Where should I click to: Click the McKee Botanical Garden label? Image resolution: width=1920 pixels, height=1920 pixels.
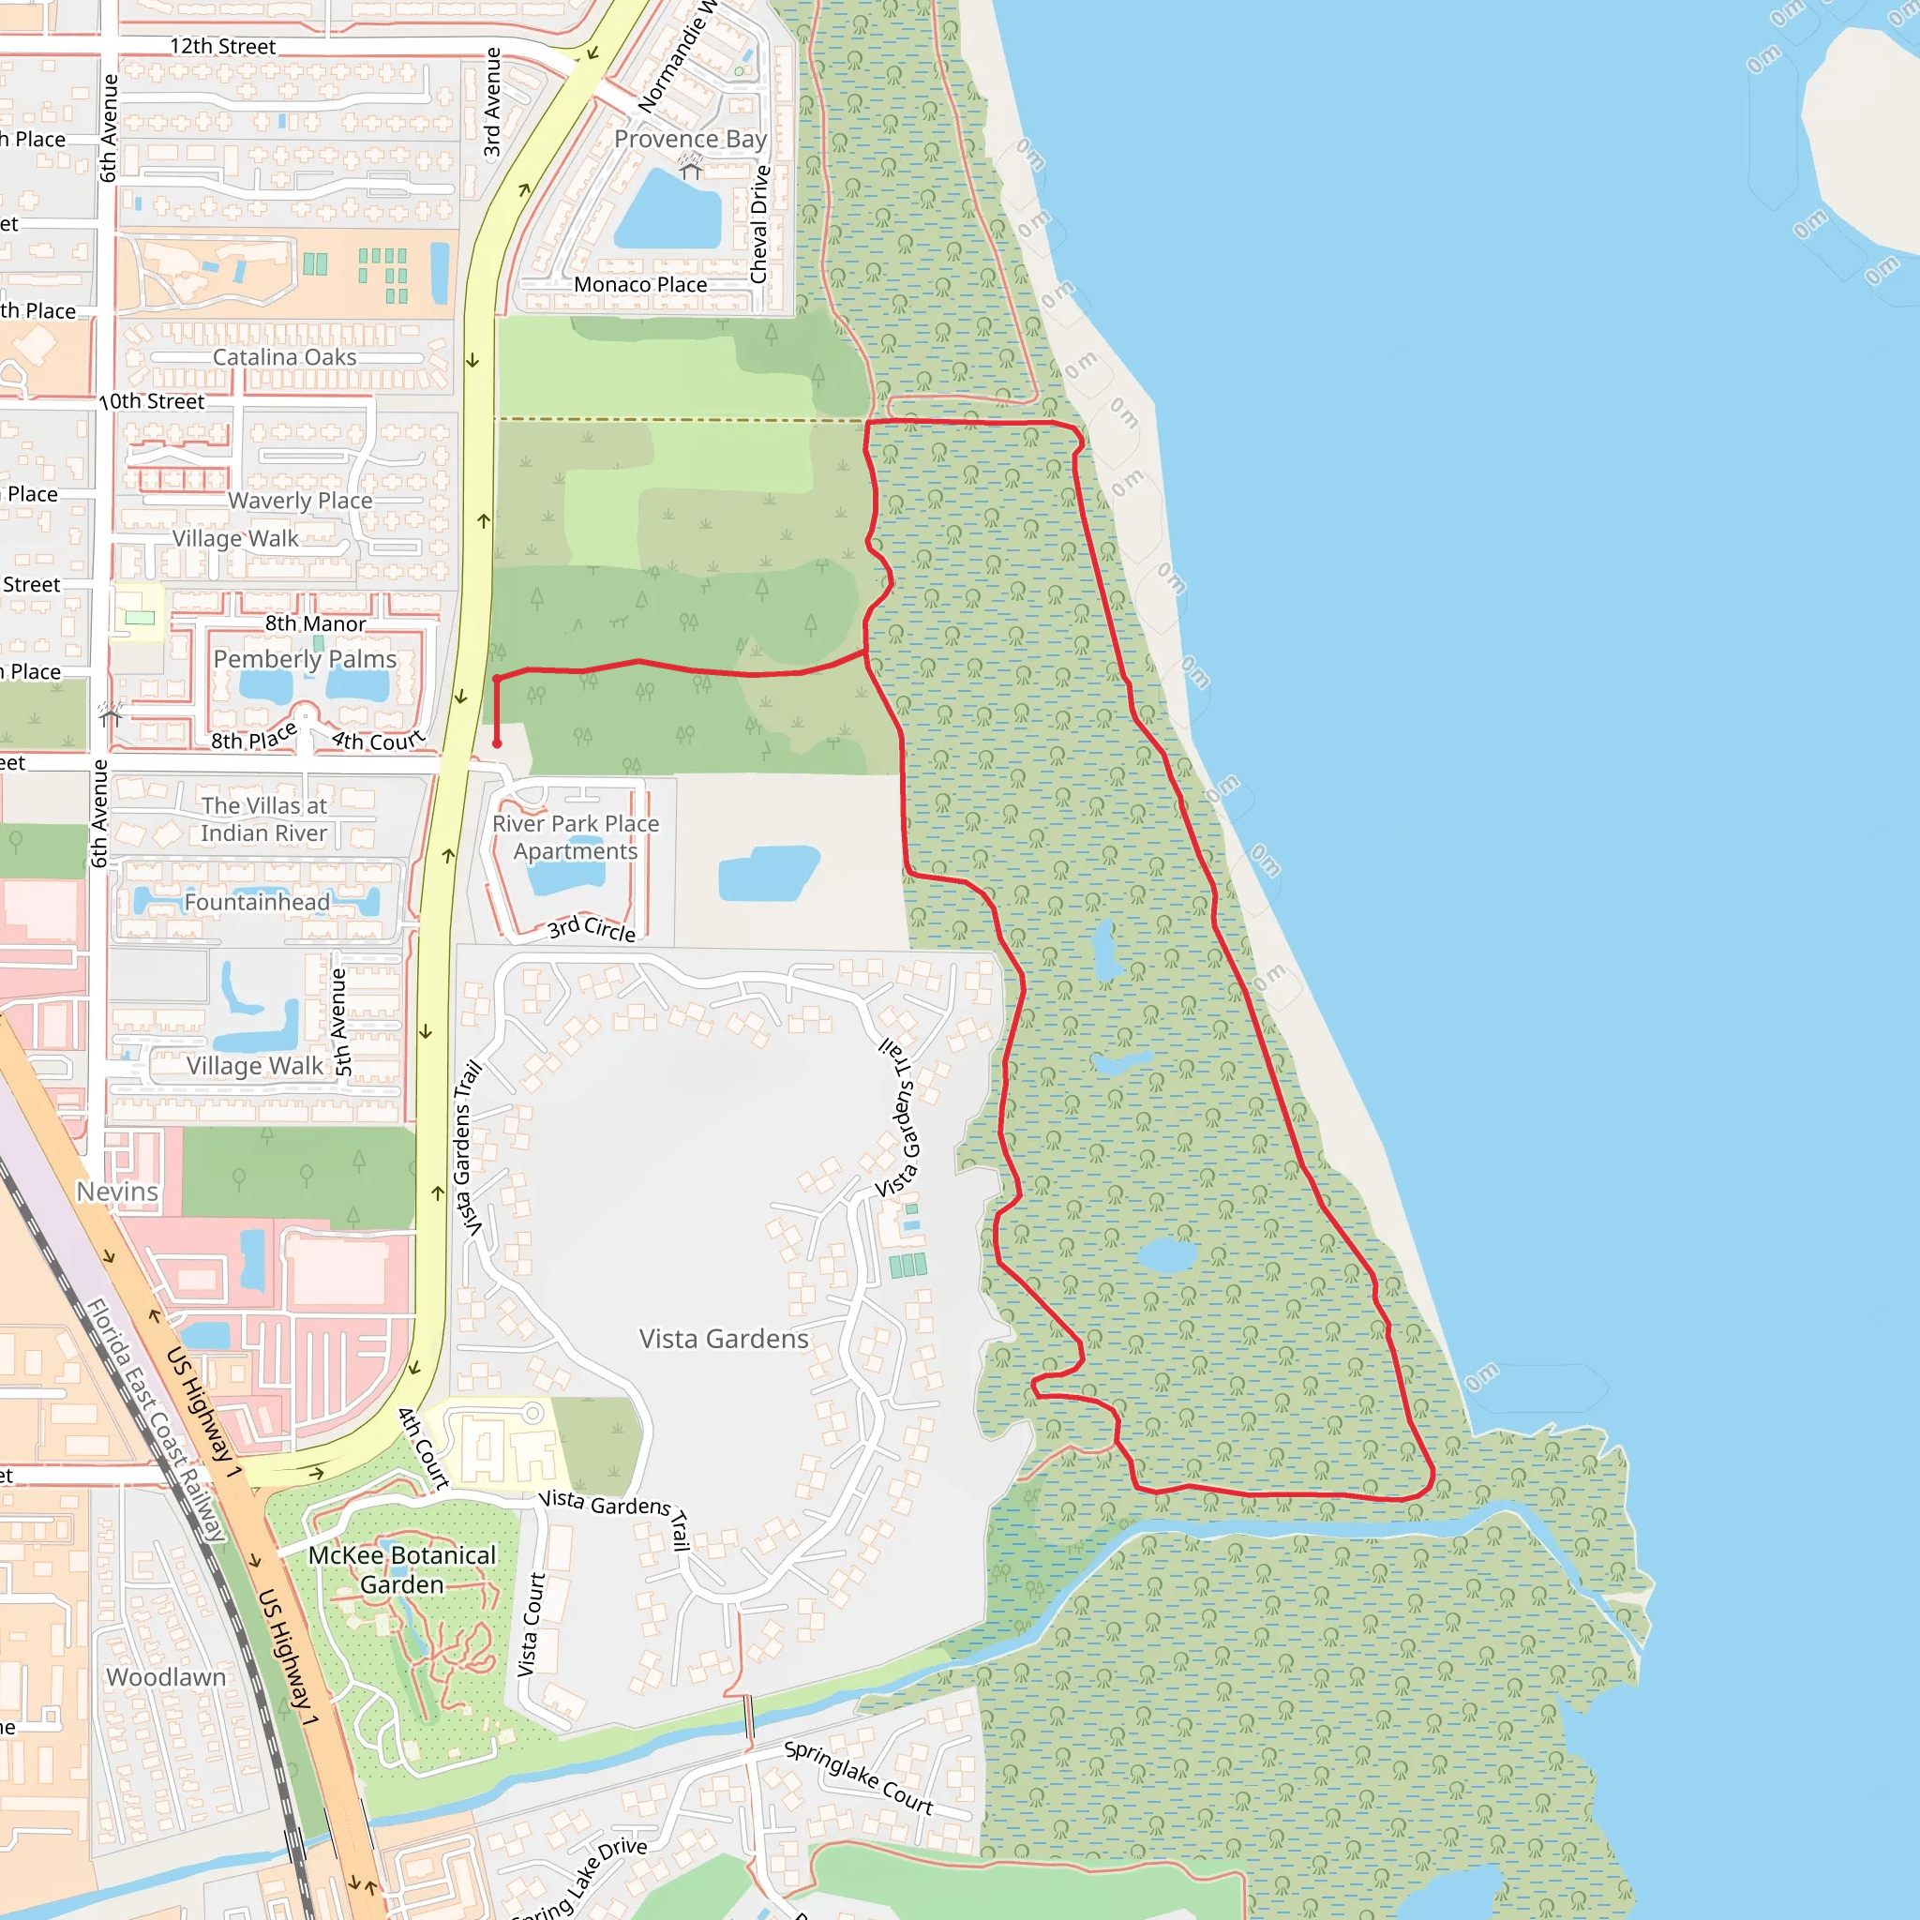[x=401, y=1569]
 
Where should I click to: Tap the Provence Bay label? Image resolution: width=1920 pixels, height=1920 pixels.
[x=690, y=139]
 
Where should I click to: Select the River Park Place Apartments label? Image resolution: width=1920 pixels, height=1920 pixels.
[x=576, y=837]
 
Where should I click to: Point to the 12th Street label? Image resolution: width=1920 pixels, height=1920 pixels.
[x=222, y=47]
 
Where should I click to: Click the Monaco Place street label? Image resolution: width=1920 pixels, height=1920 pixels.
[x=640, y=285]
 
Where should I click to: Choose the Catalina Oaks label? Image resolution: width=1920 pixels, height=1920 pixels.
[x=284, y=357]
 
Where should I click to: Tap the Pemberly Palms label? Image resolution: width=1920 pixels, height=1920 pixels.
[x=304, y=659]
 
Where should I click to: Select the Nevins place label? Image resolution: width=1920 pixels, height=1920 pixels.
[x=117, y=1192]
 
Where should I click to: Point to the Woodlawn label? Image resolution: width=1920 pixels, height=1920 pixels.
[x=166, y=1676]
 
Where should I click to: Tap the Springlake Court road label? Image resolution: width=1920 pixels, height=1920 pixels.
[x=859, y=1777]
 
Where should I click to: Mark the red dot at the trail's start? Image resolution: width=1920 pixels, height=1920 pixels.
[x=497, y=743]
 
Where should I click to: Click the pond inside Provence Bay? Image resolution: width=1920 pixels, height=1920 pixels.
[x=667, y=212]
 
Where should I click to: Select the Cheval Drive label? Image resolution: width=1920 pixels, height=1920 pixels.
[x=760, y=225]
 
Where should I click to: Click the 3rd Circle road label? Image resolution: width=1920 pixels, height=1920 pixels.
[x=592, y=928]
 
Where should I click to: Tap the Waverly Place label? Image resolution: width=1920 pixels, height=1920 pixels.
[x=300, y=501]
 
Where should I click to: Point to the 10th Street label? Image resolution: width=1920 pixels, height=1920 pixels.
[x=152, y=401]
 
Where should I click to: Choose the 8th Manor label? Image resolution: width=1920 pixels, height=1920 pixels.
[x=315, y=624]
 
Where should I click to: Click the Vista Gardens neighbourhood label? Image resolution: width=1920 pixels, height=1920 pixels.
[x=724, y=1339]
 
